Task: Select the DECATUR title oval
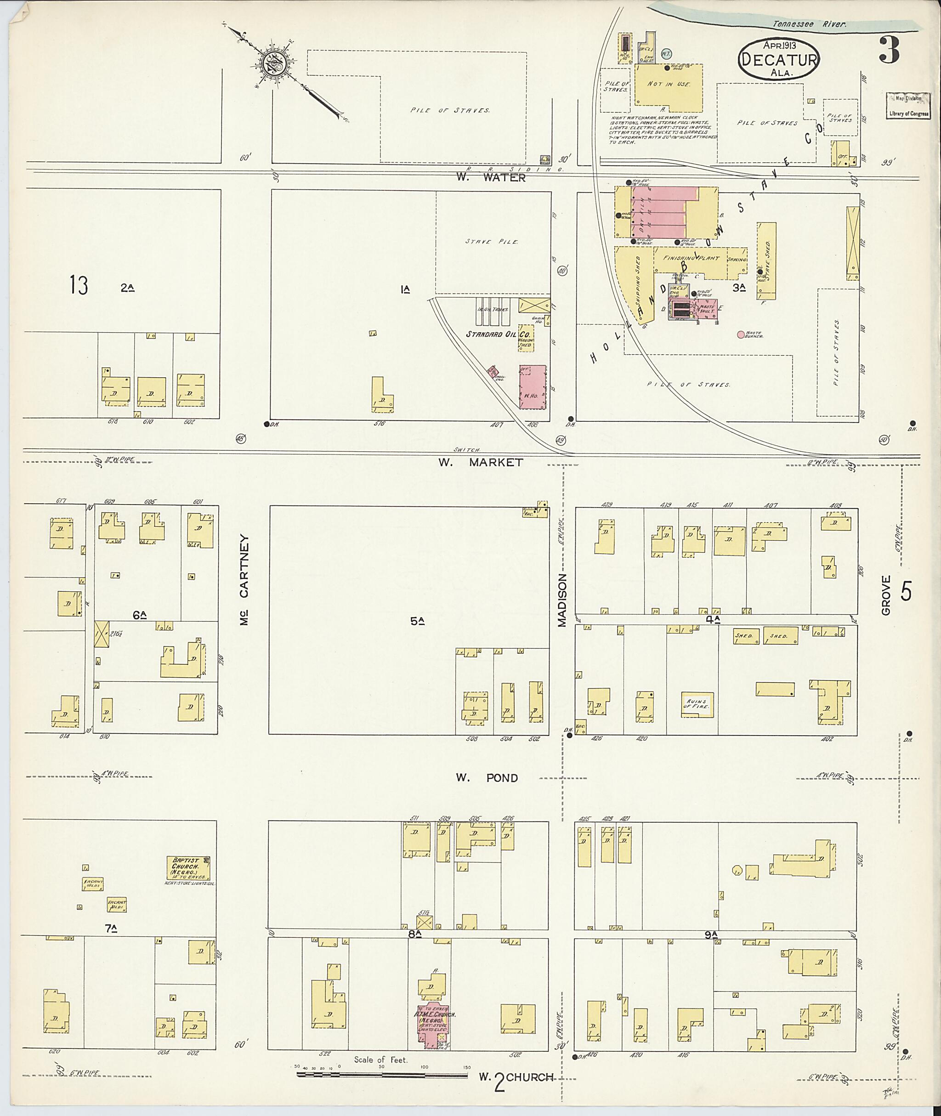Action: tap(778, 60)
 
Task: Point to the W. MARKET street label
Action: tap(480, 463)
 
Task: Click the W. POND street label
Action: tap(487, 778)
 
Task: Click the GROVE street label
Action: tap(886, 595)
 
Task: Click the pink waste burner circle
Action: tap(740, 334)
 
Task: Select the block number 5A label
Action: tap(417, 620)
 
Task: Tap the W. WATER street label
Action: tap(491, 178)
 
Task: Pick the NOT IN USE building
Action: tap(669, 85)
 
